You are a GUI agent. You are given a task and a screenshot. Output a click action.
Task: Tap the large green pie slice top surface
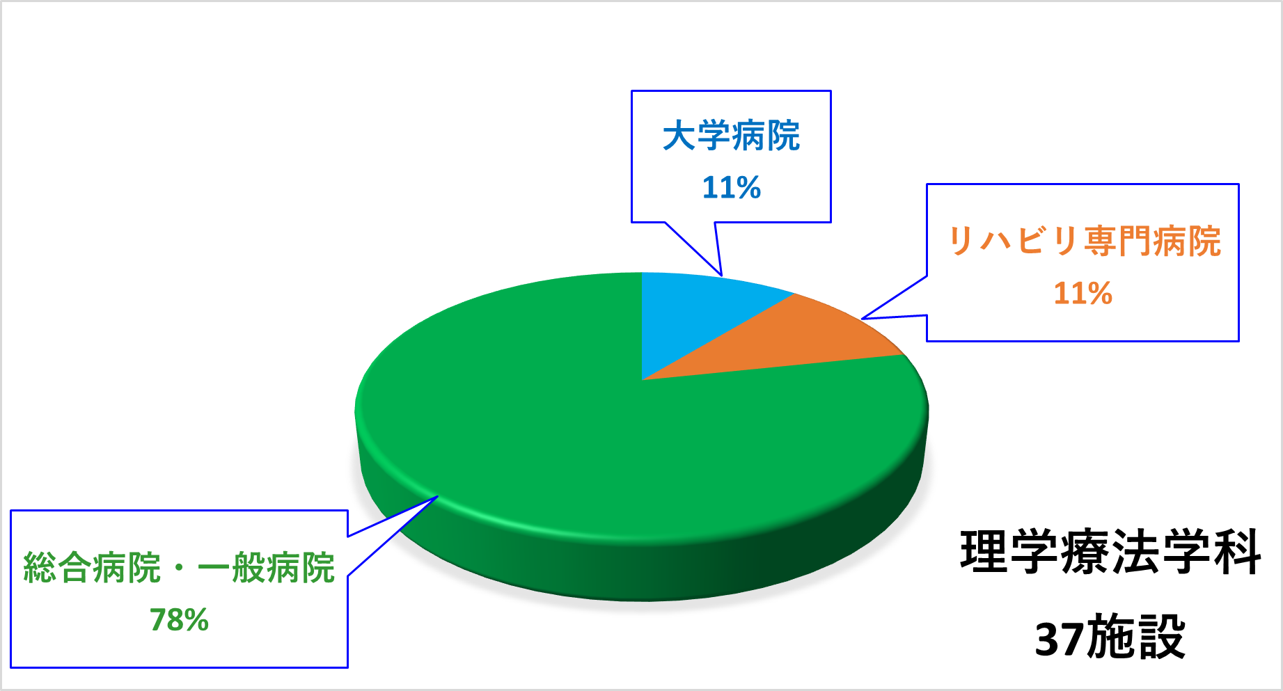(557, 431)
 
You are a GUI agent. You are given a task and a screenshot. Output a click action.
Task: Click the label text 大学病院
(731, 136)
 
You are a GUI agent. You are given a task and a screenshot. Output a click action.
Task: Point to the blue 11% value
(731, 187)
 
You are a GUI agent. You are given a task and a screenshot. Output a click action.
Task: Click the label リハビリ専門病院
(1084, 241)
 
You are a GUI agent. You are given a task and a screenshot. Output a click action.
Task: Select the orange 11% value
(1083, 294)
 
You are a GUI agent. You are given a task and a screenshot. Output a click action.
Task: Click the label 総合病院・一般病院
(179, 568)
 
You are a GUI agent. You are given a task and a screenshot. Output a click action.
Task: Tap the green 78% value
(179, 620)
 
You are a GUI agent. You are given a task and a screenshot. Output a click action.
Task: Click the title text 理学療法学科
(1110, 552)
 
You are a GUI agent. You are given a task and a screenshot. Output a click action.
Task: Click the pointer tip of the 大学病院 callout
(722, 276)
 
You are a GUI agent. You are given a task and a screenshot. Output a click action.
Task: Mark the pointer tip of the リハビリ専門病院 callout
(862, 319)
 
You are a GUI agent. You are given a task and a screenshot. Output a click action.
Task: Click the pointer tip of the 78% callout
(438, 496)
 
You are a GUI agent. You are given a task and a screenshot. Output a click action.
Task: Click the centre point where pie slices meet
(642, 380)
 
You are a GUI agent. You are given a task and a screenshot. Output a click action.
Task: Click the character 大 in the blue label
(679, 136)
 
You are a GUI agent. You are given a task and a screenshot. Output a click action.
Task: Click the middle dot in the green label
(180, 568)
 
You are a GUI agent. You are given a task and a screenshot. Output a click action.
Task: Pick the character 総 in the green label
(40, 568)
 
